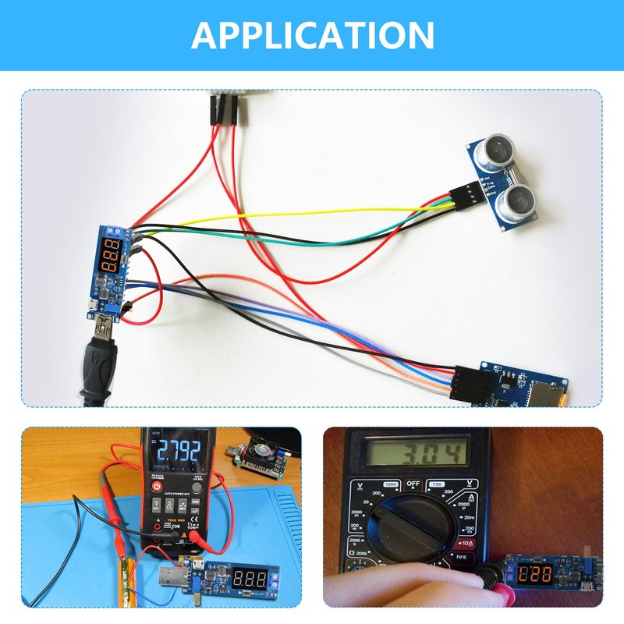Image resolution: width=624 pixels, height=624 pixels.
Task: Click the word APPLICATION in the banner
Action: tap(312, 35)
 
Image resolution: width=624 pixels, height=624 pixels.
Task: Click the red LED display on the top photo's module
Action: tap(114, 255)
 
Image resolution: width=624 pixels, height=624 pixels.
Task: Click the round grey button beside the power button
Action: tap(197, 486)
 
